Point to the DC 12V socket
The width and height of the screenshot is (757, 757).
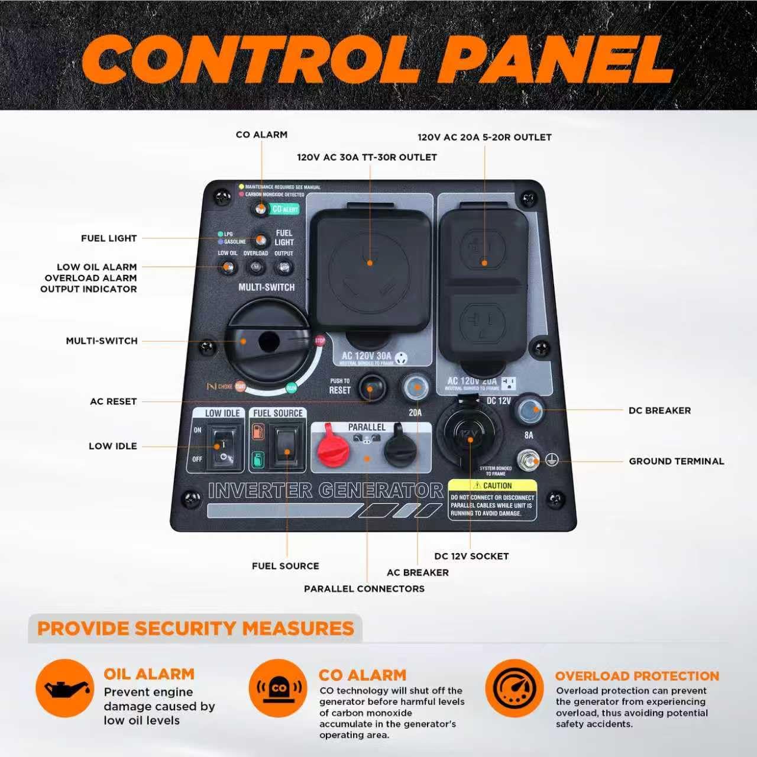[469, 435]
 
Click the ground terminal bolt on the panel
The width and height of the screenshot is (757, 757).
[528, 460]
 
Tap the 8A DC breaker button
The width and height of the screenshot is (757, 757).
[529, 410]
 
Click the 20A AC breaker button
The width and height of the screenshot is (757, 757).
[416, 387]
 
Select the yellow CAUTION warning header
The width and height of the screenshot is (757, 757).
[493, 486]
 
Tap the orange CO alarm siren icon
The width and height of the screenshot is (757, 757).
[278, 688]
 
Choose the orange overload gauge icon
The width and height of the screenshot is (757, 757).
[515, 688]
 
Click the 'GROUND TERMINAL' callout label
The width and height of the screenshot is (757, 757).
[676, 461]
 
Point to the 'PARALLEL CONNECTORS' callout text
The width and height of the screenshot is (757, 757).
[364, 589]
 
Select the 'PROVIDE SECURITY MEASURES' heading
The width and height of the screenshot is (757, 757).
[195, 628]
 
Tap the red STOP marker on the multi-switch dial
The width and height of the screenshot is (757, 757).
[320, 341]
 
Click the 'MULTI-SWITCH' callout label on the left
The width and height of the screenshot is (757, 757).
[102, 341]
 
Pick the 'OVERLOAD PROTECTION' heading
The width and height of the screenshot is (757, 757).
[637, 676]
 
